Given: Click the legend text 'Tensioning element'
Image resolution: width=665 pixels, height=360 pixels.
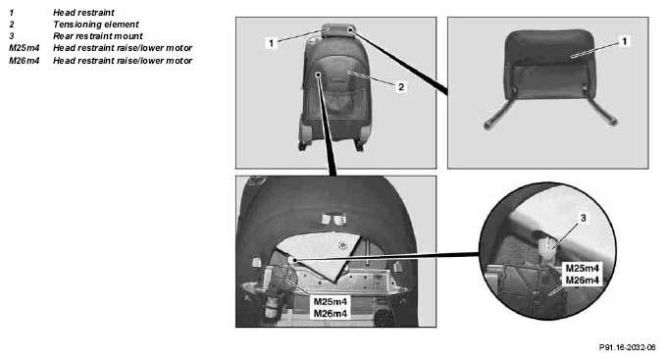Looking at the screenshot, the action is click(x=96, y=25).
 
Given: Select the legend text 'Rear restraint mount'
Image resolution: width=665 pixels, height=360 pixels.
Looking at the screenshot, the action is click(x=98, y=36).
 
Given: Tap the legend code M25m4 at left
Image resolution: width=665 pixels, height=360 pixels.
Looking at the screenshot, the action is click(x=25, y=48).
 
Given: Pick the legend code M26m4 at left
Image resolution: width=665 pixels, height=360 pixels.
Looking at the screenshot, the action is click(x=25, y=61).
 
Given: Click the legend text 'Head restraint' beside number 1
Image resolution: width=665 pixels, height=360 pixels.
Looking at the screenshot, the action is click(x=83, y=13).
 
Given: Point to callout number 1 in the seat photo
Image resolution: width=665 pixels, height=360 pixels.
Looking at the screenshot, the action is click(x=272, y=43).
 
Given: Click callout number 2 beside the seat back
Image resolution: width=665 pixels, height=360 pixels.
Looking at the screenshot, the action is click(x=401, y=87).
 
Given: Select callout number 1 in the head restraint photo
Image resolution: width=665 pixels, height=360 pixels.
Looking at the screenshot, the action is click(x=624, y=41).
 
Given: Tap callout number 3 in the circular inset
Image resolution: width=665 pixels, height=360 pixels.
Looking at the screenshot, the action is click(x=584, y=218).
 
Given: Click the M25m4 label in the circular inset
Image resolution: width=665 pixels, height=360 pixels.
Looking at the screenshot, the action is click(x=583, y=268).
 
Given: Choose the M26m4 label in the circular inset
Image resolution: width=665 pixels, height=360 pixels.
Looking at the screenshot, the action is click(x=583, y=280).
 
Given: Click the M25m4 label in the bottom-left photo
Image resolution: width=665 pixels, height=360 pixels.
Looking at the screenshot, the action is click(x=331, y=301).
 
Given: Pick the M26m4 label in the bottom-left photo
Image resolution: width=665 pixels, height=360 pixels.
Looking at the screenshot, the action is click(x=331, y=313).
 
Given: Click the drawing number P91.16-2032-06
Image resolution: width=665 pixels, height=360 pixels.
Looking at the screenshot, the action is click(x=628, y=347).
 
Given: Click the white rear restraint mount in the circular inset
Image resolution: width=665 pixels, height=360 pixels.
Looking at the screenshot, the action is click(x=548, y=249).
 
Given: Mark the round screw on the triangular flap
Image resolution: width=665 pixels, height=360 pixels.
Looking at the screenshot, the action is click(x=342, y=245).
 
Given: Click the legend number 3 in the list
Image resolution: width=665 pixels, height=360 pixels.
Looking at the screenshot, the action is click(x=12, y=36).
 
